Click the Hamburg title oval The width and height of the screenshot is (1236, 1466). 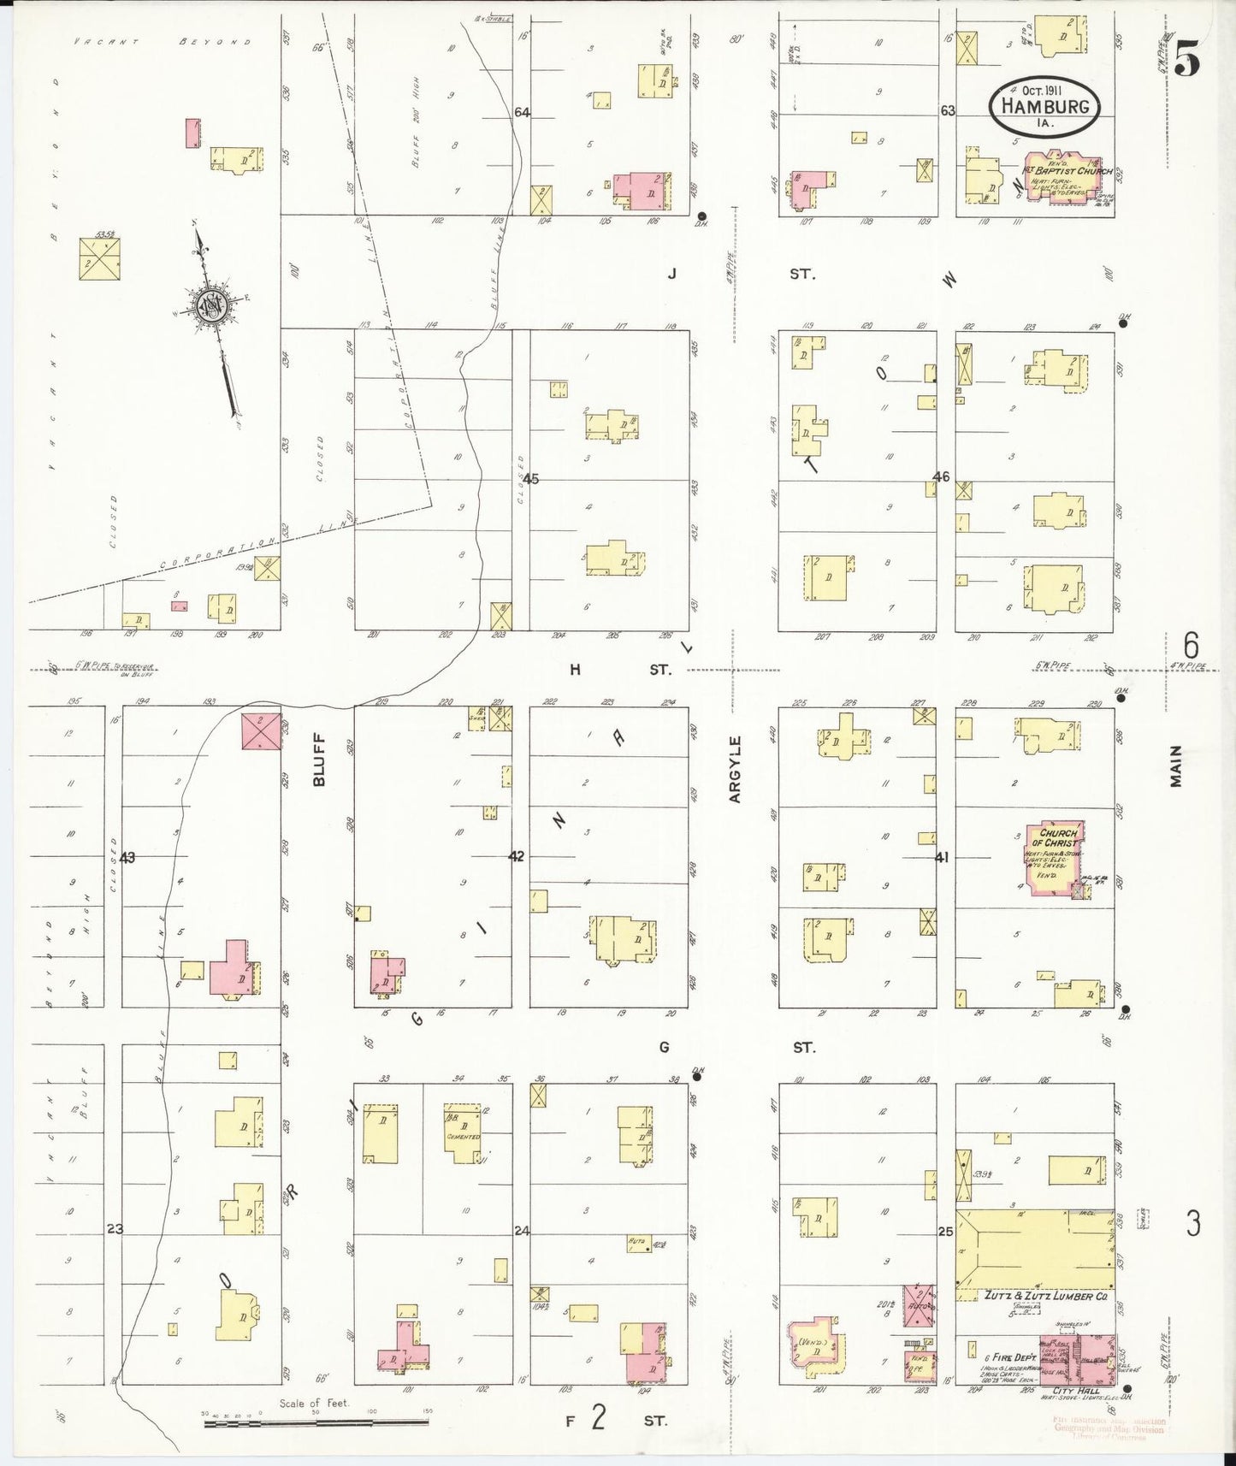[x=1044, y=108]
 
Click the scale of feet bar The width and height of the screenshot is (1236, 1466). [x=315, y=1422]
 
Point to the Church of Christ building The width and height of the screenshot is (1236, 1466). [x=1058, y=858]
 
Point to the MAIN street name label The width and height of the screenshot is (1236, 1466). [x=1176, y=766]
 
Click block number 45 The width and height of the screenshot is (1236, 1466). [x=531, y=479]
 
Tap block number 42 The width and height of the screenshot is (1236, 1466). [x=517, y=856]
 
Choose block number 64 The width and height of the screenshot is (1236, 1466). [x=522, y=112]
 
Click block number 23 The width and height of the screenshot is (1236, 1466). [x=115, y=1229]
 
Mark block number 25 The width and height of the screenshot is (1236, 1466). [x=944, y=1232]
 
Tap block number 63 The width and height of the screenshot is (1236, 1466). [x=947, y=111]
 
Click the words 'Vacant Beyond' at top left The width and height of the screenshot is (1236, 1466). [x=163, y=41]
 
